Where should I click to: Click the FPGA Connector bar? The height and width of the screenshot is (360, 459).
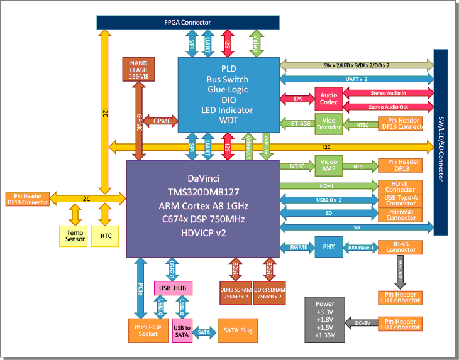(x=187, y=22)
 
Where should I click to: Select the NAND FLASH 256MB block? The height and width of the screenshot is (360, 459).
(x=138, y=69)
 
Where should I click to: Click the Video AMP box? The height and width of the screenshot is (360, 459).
(x=328, y=166)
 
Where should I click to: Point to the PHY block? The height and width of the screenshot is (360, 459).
(x=328, y=246)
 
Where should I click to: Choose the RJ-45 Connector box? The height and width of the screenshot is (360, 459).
(x=401, y=246)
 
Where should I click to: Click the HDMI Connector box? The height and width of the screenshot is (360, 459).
(x=401, y=186)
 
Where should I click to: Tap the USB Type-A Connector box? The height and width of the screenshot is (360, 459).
(x=401, y=200)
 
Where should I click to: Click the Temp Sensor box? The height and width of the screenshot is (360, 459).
(x=75, y=236)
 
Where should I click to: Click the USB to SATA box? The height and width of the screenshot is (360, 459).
(x=182, y=332)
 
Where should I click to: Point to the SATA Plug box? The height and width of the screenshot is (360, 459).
(x=237, y=330)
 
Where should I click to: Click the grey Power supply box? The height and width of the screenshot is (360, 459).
(x=325, y=319)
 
